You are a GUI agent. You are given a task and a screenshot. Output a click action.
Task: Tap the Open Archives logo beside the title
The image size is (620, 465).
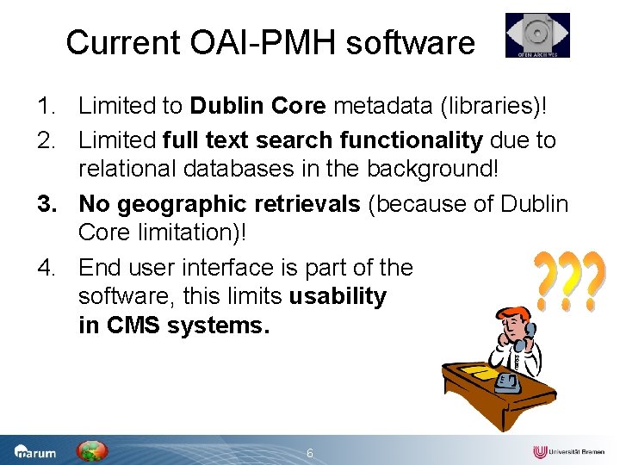coord(537,35)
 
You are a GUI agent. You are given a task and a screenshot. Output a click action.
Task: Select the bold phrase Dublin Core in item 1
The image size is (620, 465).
coord(258,106)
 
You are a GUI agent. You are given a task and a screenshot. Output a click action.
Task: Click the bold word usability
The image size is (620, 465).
coord(338,297)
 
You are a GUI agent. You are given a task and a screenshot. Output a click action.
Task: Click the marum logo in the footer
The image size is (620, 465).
coord(34,451)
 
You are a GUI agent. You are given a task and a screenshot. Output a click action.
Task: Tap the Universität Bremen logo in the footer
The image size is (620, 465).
coord(569,451)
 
